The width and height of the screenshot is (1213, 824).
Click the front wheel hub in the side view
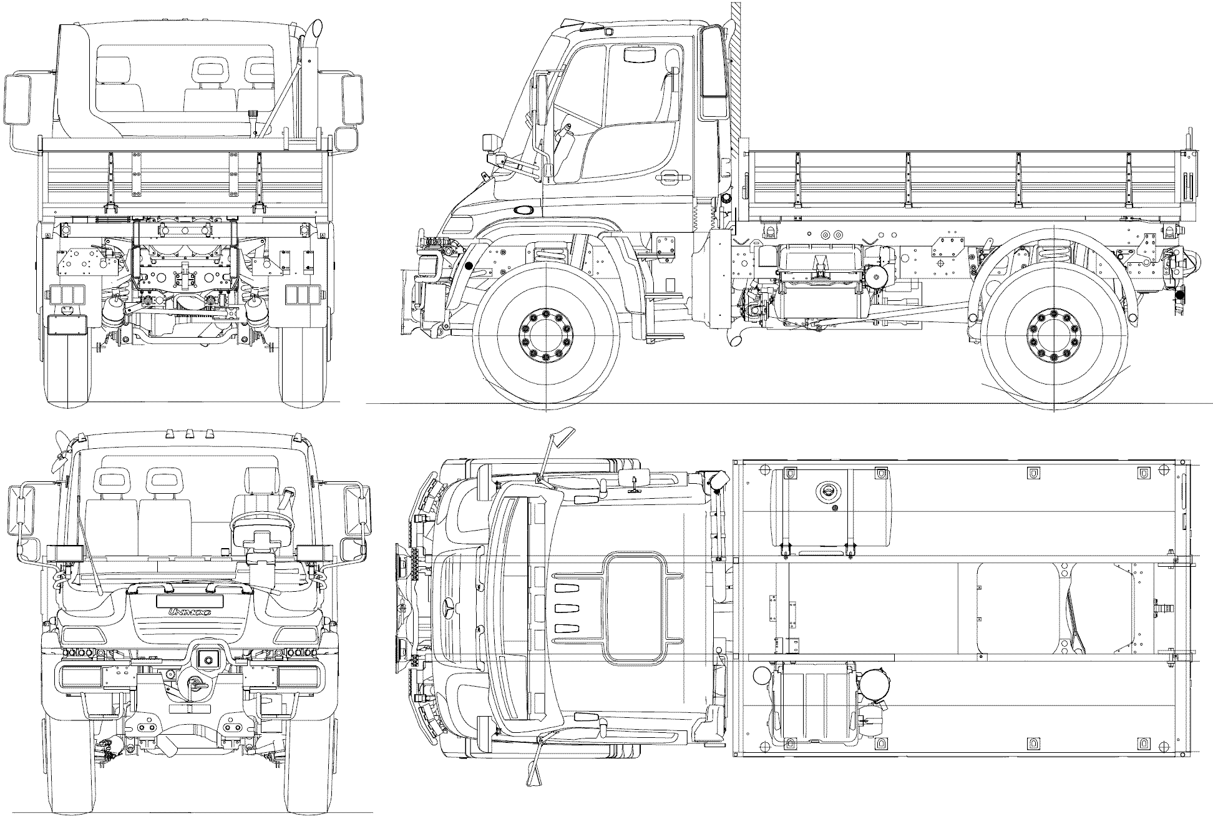tap(545, 335)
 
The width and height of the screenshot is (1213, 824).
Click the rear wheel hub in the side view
tap(1053, 335)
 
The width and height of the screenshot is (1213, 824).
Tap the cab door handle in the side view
tap(674, 177)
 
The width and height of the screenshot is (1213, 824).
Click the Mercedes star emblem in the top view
tap(450, 606)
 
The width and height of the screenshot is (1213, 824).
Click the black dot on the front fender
tap(469, 266)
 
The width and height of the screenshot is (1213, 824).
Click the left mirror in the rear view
tap(19, 99)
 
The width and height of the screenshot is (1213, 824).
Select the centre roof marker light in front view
tap(189, 433)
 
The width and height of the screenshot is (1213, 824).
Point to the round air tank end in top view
tap(762, 677)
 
